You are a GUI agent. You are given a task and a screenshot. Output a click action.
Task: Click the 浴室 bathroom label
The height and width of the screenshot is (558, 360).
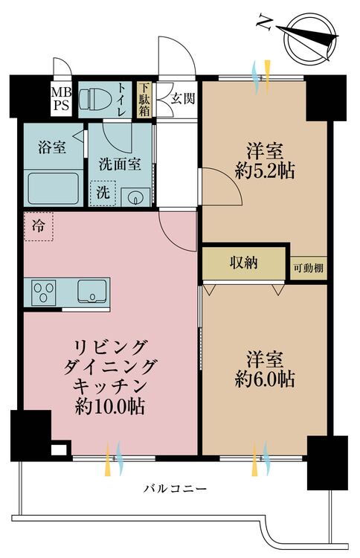pyautogui.click(x=51, y=147)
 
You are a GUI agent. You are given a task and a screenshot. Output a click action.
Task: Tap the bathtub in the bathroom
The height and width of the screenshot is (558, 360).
pyautogui.click(x=54, y=190)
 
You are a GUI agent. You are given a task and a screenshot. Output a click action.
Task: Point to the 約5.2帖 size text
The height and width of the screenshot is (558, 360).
pyautogui.click(x=264, y=172)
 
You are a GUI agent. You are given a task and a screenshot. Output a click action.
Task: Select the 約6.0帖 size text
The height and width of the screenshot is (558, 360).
pyautogui.click(x=264, y=379)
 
